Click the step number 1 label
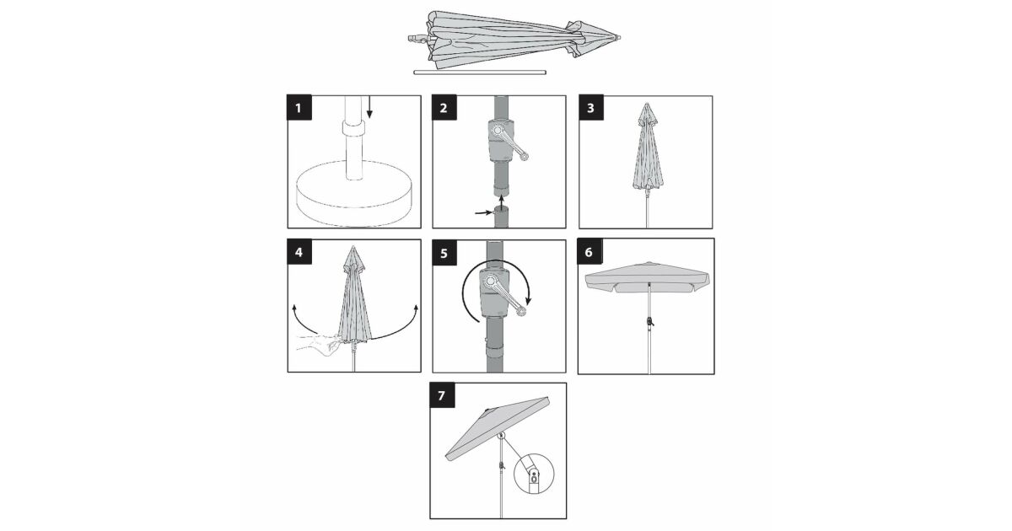tap(299, 108)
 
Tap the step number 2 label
tap(444, 108)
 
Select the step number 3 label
tap(591, 108)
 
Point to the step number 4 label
tap(299, 251)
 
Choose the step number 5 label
tap(444, 253)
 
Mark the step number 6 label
tap(589, 251)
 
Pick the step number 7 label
tap(442, 395)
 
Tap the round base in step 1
tap(355, 193)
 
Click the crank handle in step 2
tap(509, 142)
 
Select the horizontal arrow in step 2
tap(483, 212)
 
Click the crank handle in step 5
tap(505, 297)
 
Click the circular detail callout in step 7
tap(534, 474)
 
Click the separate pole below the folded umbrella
tap(480, 72)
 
